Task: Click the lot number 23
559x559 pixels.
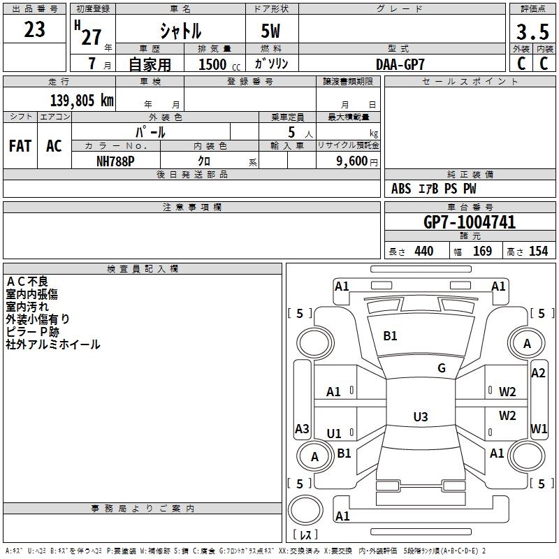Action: [34, 29]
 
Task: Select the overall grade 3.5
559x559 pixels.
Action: [532, 31]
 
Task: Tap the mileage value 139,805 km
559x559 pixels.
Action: [82, 101]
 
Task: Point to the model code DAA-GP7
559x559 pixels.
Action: [400, 64]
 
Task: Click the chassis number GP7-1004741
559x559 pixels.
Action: [470, 222]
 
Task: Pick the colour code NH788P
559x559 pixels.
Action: [115, 161]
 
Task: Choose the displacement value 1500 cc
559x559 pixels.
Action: [219, 64]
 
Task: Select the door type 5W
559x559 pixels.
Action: [270, 31]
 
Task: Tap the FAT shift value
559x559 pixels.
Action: [20, 146]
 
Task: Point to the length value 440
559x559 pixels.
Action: [424, 251]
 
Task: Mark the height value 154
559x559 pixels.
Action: [538, 251]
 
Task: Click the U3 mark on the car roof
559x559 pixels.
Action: [421, 416]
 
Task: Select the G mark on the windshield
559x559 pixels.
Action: [442, 368]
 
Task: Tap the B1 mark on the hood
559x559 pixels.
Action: [390, 336]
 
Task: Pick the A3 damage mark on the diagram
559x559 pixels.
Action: [302, 428]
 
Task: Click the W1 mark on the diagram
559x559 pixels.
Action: [539, 428]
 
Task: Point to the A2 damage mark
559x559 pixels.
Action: [538, 373]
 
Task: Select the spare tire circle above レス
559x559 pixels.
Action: [305, 510]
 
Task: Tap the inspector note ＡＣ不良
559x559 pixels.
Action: [27, 282]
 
